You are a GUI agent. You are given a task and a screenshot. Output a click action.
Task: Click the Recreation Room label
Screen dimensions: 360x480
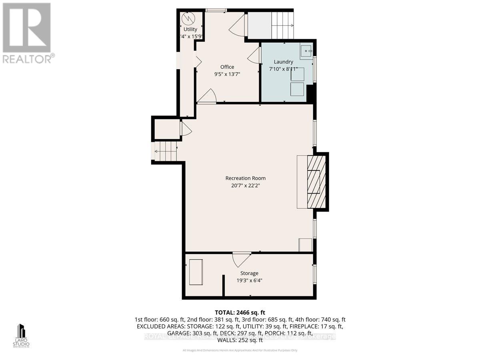245,178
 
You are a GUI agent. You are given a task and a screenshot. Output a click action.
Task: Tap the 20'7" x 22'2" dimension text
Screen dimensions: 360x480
245,186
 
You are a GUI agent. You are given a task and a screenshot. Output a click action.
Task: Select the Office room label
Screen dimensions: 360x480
227,67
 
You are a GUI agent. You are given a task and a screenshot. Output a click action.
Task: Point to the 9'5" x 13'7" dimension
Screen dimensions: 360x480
227,74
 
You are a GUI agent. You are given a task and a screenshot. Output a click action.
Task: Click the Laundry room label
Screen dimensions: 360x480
283,62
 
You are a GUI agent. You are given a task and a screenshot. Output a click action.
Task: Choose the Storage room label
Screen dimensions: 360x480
249,273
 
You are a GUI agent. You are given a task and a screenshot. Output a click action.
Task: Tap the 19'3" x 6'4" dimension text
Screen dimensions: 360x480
249,280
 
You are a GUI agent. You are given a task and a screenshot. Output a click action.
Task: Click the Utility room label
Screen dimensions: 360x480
190,29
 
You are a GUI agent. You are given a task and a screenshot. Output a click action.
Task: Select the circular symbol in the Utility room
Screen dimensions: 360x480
187,18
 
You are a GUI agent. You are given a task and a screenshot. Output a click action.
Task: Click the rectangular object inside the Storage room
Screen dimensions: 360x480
196,272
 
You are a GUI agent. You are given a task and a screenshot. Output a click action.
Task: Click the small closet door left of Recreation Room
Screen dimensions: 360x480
186,129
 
